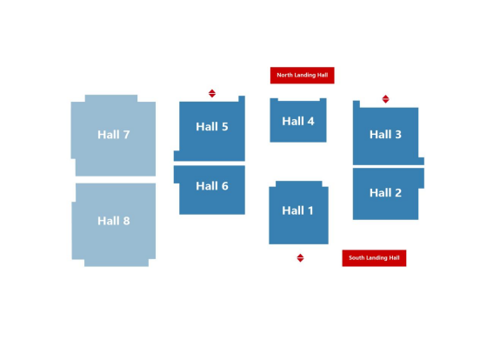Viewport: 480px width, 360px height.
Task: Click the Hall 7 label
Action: pos(114,135)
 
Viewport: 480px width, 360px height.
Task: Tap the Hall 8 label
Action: pos(114,221)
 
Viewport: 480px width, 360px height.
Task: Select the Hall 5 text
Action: pos(212,126)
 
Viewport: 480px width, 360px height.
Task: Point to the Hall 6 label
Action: pos(212,186)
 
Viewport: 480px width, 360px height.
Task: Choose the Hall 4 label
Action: pos(298,121)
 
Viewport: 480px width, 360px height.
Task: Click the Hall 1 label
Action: pos(297,210)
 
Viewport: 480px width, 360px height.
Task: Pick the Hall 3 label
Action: pos(385,135)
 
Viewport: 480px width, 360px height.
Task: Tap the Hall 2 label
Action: pos(385,193)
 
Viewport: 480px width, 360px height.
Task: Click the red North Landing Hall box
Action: pos(302,76)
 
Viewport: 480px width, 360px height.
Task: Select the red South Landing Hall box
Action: pos(374,258)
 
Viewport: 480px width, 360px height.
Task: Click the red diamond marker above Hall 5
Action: pos(212,93)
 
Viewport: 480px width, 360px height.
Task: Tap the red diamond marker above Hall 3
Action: pos(386,99)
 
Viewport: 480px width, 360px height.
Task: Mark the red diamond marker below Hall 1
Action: pos(300,257)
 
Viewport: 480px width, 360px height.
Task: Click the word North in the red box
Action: pos(284,75)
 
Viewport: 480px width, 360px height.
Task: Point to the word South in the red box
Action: pos(356,257)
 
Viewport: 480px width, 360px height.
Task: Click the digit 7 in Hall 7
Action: pos(126,135)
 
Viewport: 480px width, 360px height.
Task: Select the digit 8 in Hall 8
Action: pos(126,221)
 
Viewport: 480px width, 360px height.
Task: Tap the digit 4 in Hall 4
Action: pos(310,122)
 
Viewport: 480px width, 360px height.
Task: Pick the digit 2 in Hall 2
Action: pos(398,193)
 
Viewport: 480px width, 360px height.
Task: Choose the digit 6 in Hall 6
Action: pos(224,186)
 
